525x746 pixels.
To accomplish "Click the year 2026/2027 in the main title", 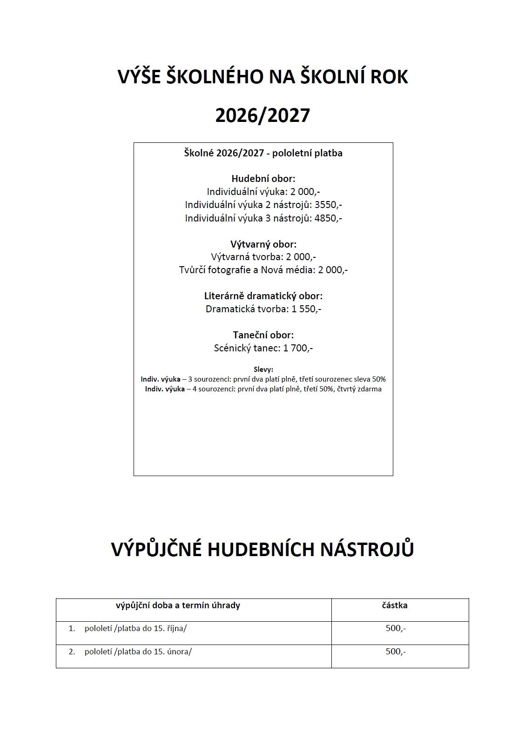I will point(262,115).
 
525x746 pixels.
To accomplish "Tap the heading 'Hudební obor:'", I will point(263,178).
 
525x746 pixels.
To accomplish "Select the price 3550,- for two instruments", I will point(329,205).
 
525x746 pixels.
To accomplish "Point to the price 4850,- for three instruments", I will point(328,218).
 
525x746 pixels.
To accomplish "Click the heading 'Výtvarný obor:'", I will point(263,244).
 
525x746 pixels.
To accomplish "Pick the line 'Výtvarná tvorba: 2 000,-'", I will point(263,257).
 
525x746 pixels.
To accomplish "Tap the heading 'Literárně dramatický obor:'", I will point(263,296).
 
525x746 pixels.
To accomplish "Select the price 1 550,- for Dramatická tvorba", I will point(306,309).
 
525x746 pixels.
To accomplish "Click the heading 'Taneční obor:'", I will point(263,335).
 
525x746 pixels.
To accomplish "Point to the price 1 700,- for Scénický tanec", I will point(298,348).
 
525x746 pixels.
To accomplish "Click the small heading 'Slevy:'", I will point(263,370).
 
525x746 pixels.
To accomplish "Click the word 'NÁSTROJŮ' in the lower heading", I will point(367,549).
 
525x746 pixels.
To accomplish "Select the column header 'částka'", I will point(395,605).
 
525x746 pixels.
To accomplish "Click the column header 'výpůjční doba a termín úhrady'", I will point(178,605).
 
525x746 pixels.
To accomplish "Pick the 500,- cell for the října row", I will point(396,628).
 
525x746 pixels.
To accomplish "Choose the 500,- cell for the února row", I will point(396,652).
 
